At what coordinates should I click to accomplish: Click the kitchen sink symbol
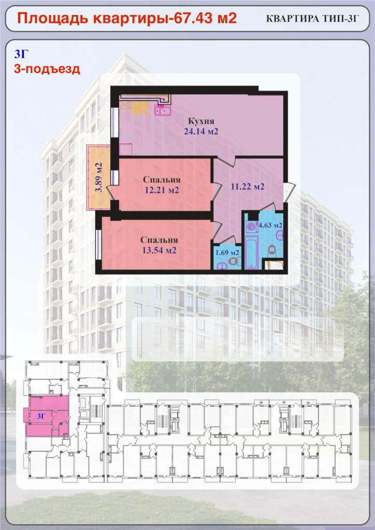163,110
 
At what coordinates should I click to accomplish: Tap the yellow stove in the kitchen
140,108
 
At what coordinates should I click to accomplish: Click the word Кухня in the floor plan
201,121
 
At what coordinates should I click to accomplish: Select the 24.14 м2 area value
201,131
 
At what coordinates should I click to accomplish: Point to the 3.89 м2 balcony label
98,178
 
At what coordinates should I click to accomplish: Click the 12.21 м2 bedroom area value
162,190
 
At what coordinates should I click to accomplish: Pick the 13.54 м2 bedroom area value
159,251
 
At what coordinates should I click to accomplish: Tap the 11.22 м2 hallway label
248,186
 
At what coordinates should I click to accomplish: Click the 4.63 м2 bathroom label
270,225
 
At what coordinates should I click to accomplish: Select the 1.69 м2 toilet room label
227,252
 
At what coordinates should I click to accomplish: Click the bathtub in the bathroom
251,253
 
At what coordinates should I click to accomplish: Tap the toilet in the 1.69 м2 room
234,261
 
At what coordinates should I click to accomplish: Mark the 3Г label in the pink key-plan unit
41,416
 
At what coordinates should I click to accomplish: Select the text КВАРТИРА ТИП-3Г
312,19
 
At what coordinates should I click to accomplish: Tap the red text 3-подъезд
47,69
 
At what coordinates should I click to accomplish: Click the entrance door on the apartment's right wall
290,192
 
